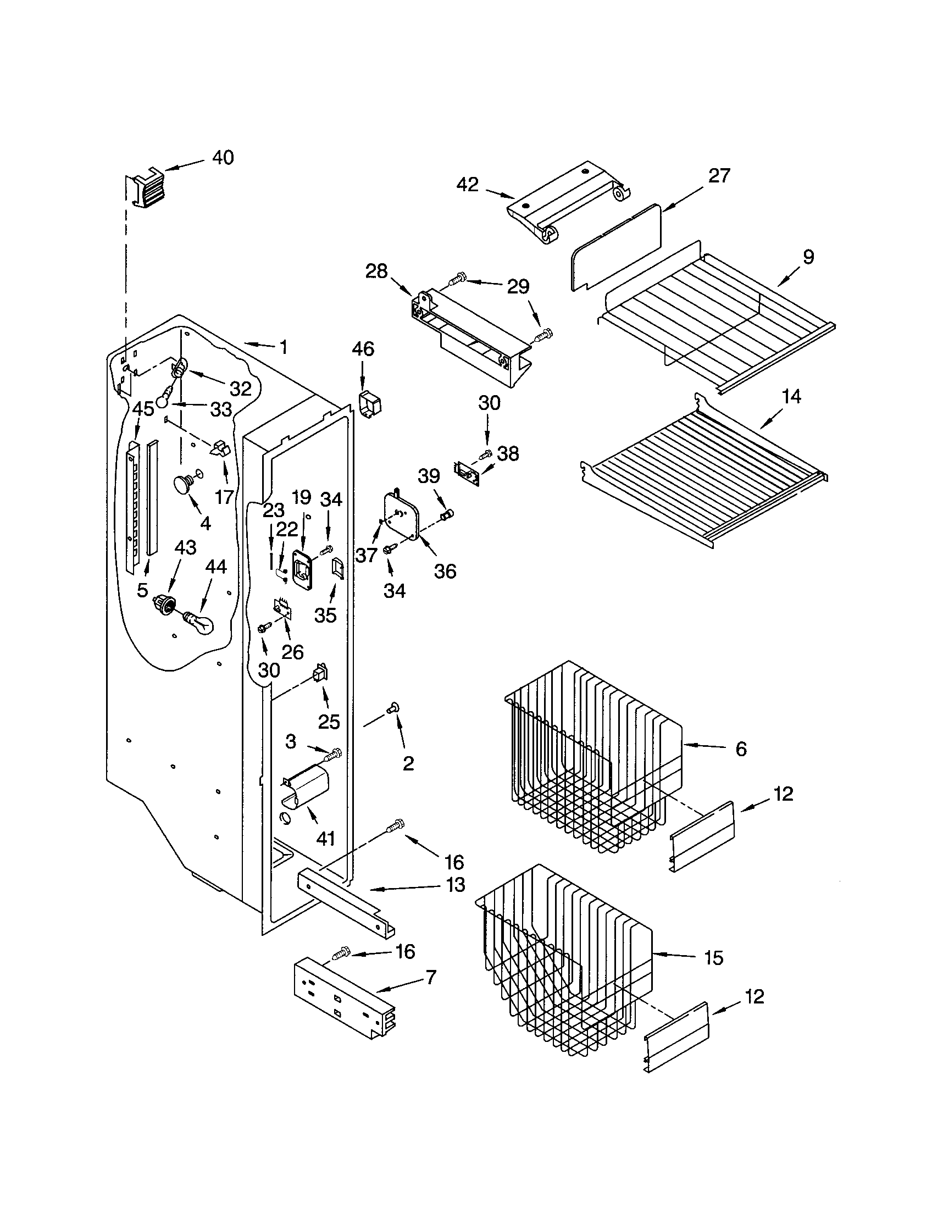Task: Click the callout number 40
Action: click(223, 158)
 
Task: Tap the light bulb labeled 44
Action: click(198, 623)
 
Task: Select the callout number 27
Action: click(719, 176)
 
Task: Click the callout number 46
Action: click(363, 349)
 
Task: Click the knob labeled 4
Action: click(183, 485)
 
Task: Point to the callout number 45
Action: click(143, 409)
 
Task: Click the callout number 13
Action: click(456, 885)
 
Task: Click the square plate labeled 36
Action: click(402, 515)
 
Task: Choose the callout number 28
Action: click(377, 272)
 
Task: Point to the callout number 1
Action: click(284, 347)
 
